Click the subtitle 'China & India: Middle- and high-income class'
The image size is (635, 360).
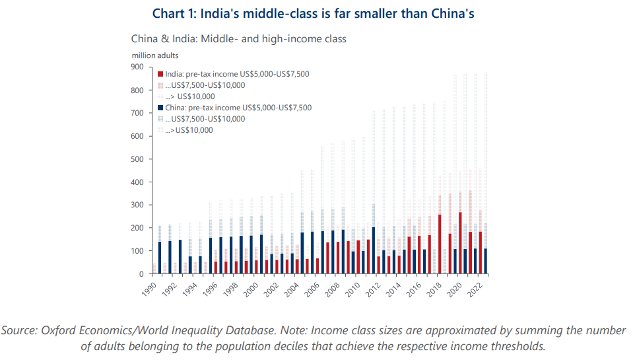click(239, 39)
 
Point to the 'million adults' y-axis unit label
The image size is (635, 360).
click(154, 55)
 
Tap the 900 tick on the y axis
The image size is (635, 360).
click(137, 67)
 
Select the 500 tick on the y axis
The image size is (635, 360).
click(137, 159)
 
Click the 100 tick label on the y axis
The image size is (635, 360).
click(137, 251)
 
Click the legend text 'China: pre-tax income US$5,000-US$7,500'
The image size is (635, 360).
click(238, 108)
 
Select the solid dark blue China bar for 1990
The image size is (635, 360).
click(159, 258)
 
